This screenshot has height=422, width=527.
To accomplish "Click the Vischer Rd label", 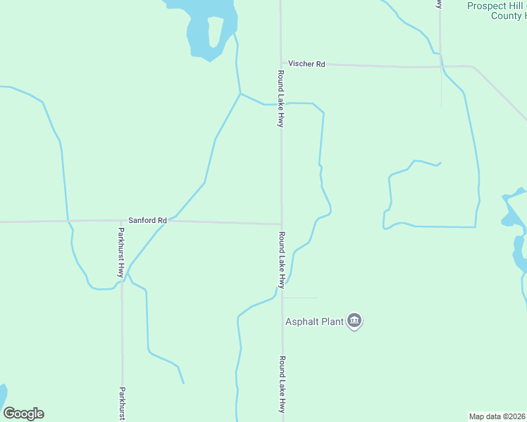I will pyautogui.click(x=310, y=64).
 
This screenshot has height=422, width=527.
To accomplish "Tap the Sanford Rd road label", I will pyautogui.click(x=147, y=220).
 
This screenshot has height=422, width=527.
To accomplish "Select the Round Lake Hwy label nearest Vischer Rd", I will pyautogui.click(x=280, y=98).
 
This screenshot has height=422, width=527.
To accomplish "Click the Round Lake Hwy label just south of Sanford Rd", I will pyautogui.click(x=281, y=260).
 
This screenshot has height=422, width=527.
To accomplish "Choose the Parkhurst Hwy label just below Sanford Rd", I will pyautogui.click(x=121, y=252).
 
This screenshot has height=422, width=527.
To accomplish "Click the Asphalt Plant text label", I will pyautogui.click(x=314, y=322).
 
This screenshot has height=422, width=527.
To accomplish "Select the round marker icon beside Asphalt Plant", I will pyautogui.click(x=354, y=322).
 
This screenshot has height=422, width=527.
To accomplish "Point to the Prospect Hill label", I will pyautogui.click(x=497, y=6).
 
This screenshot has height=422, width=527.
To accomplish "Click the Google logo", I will pyautogui.click(x=23, y=414).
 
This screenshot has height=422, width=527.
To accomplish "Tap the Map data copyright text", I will pyautogui.click(x=497, y=416).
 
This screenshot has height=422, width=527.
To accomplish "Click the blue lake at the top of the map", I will pyautogui.click(x=210, y=28).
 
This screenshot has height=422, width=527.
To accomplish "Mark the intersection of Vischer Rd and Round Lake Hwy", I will pyautogui.click(x=281, y=63).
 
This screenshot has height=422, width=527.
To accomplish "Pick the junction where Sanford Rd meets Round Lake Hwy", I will pyautogui.click(x=282, y=224).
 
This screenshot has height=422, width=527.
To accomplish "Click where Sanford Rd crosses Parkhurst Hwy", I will pyautogui.click(x=121, y=221).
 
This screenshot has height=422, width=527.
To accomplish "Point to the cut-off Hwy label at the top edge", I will pyautogui.click(x=439, y=4).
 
